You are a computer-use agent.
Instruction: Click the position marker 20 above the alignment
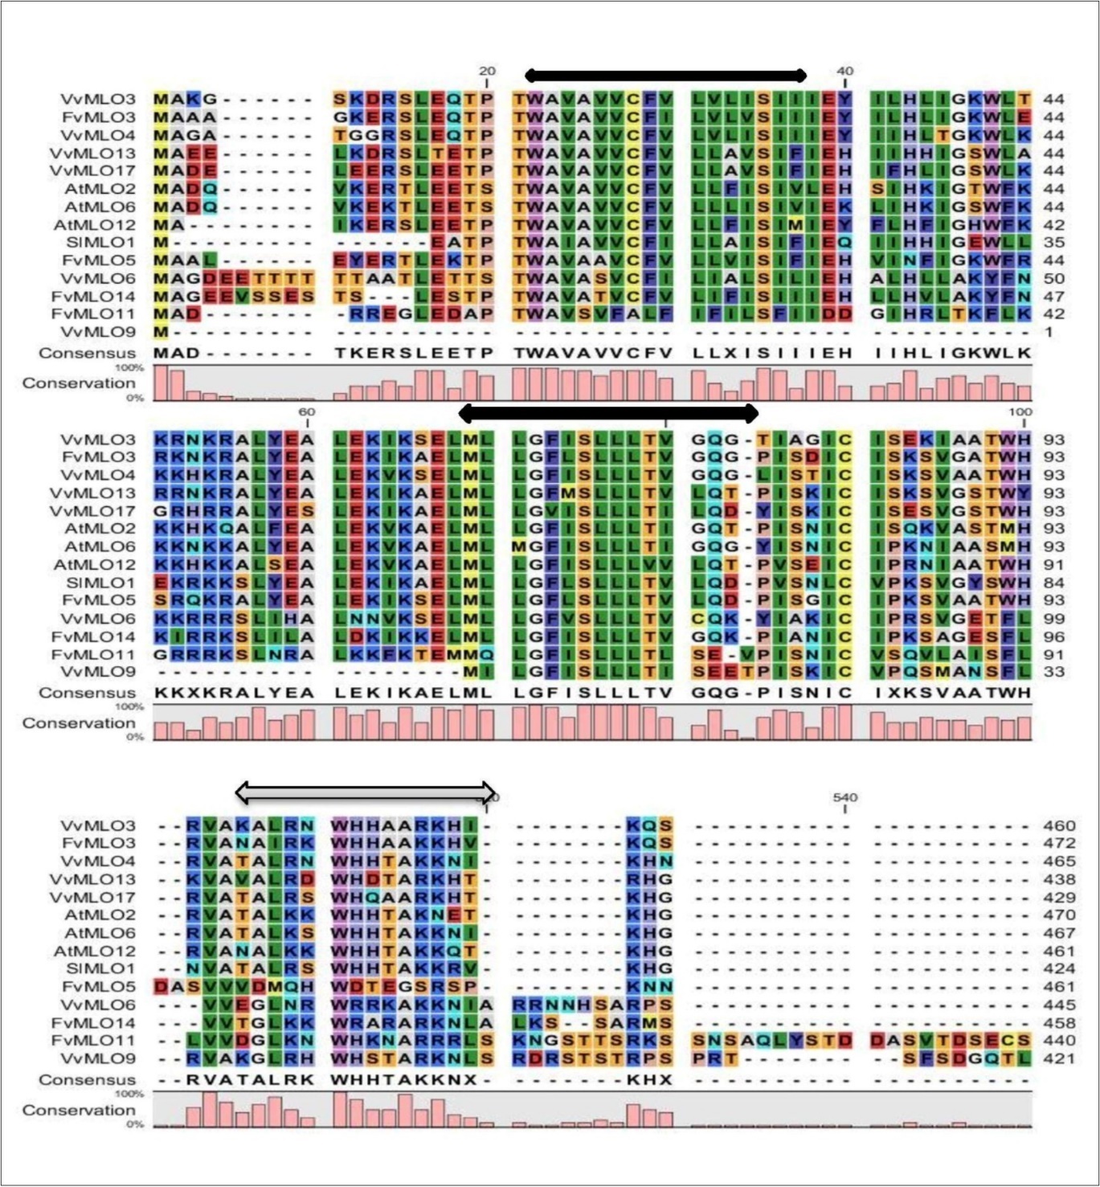(487, 71)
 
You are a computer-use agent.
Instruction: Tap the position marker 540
(844, 797)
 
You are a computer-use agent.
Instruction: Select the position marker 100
(1020, 411)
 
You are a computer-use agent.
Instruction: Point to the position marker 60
(306, 411)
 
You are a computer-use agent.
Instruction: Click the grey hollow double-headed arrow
(366, 792)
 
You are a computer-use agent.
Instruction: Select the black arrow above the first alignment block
(665, 76)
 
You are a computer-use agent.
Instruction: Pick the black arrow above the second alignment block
(608, 414)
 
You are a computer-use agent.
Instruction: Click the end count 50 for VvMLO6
(1053, 278)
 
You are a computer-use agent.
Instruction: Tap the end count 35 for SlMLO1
(1053, 242)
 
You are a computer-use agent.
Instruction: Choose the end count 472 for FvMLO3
(1058, 843)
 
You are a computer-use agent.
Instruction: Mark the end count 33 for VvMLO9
(1053, 672)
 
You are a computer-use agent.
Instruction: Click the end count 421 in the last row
(1058, 1058)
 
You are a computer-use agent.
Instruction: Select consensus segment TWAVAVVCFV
(593, 353)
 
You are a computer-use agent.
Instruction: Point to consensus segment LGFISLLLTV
(593, 693)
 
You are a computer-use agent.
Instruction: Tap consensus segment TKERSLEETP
(413, 353)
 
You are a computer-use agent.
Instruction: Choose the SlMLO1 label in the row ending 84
(100, 582)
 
